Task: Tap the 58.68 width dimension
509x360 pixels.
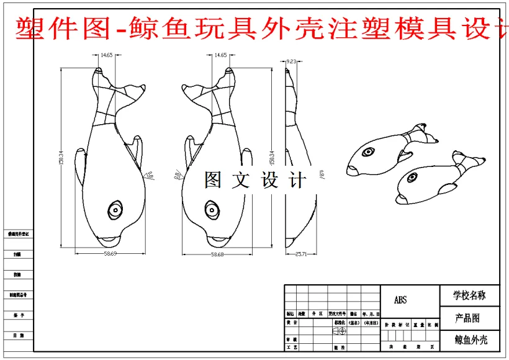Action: click(x=217, y=254)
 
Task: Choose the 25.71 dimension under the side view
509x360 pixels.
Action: click(x=300, y=254)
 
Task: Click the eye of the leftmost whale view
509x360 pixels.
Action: click(x=115, y=210)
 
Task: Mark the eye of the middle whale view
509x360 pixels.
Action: click(x=212, y=210)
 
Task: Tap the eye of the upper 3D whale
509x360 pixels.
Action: click(x=368, y=151)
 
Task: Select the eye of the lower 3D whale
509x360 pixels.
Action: click(x=411, y=179)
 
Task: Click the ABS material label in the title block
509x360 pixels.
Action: click(x=401, y=300)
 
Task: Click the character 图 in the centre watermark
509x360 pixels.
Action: click(x=213, y=181)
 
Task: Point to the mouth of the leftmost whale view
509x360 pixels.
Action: click(x=110, y=238)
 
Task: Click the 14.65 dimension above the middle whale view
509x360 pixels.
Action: click(x=220, y=56)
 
